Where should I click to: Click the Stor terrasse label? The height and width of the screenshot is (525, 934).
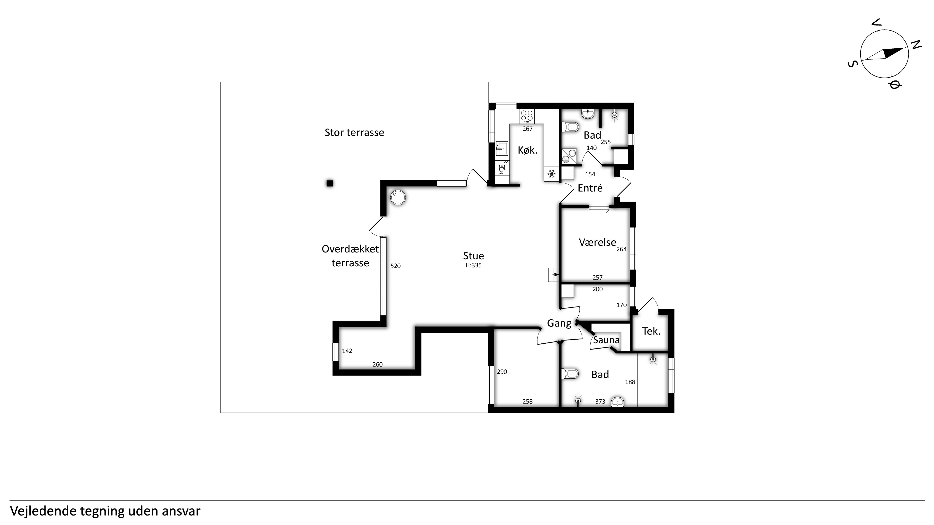354,133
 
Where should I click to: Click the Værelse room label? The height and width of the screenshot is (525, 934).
597,242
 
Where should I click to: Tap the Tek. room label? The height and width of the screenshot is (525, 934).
651,331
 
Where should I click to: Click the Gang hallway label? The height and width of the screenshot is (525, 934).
559,323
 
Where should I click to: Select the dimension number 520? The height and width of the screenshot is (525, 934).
395,266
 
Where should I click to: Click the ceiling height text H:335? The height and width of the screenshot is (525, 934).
474,265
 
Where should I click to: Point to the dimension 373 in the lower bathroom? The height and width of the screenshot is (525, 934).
600,402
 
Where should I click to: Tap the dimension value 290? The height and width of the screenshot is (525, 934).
502,372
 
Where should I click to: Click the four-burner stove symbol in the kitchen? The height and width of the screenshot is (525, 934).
527,116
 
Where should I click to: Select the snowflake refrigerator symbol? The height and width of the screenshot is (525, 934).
551,174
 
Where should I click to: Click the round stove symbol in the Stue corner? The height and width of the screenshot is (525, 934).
398,198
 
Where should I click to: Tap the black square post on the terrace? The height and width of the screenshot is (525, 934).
330,183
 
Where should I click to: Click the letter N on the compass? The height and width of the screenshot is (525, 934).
916,45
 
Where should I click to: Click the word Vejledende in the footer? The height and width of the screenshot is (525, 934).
43,511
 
